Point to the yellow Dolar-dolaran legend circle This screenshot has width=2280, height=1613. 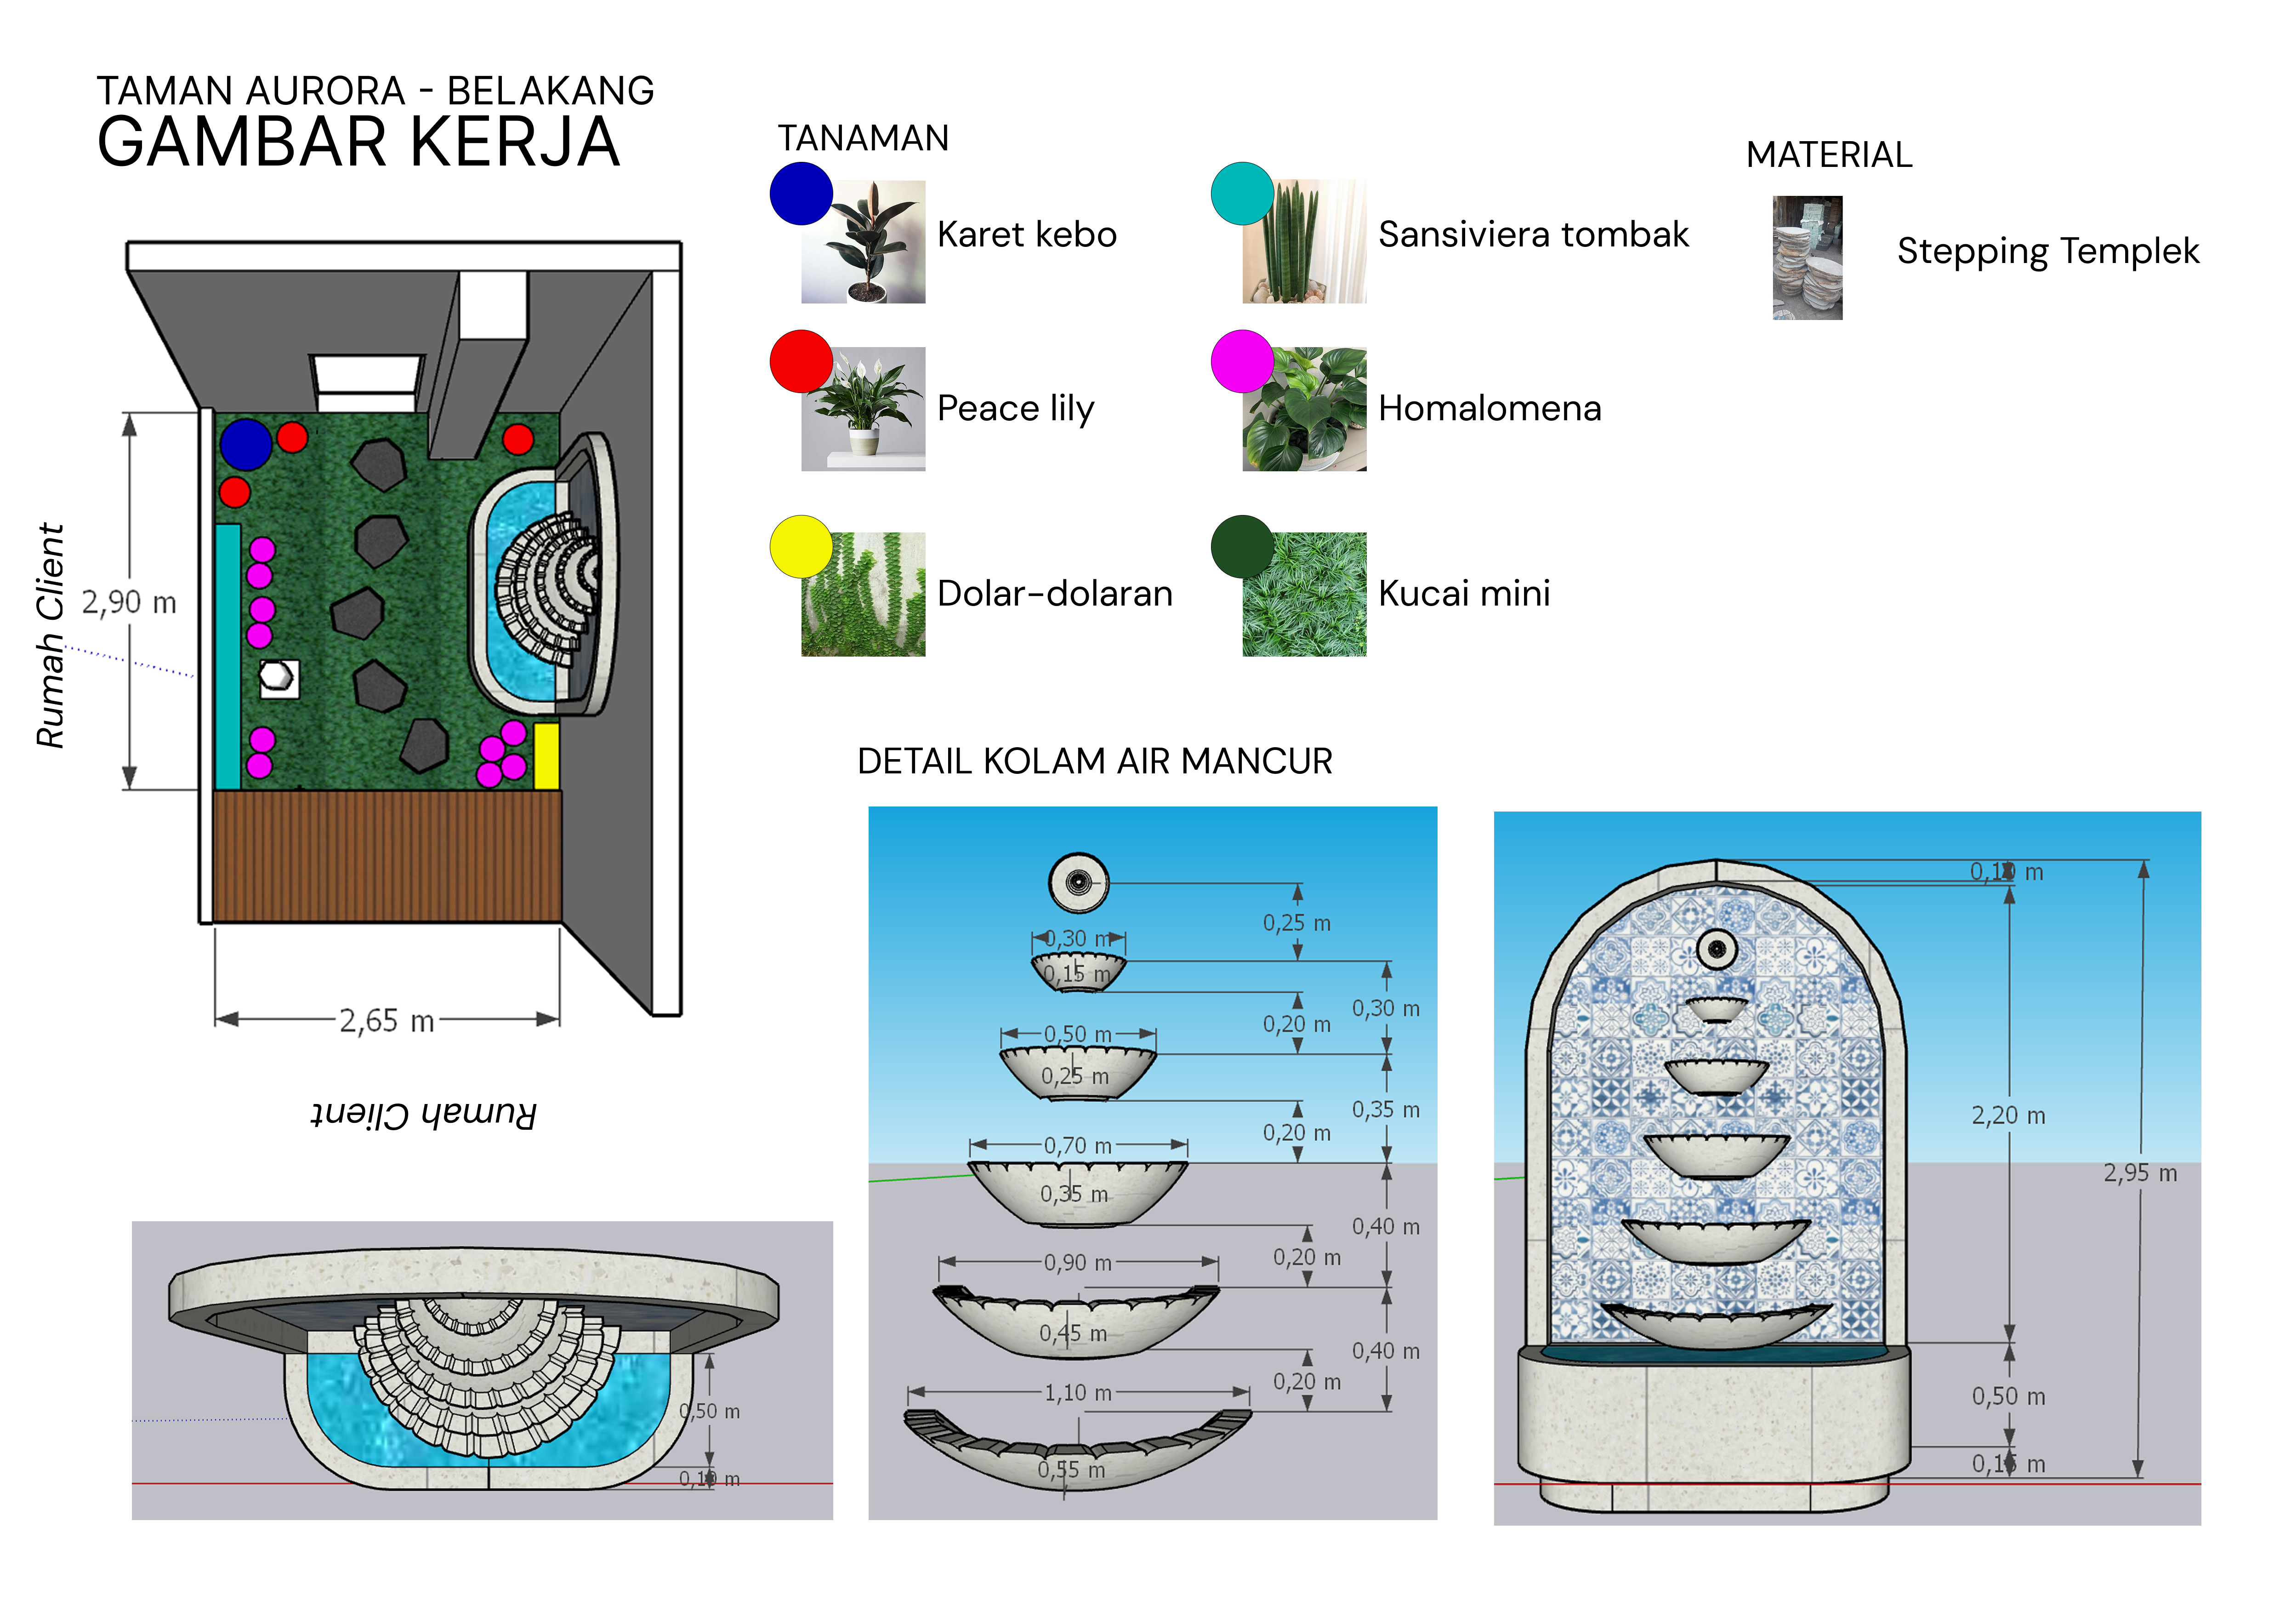coord(801,546)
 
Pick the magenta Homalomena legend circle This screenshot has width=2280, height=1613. coord(1241,361)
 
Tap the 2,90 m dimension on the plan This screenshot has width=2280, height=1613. coord(129,602)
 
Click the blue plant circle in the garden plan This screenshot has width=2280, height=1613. coord(245,444)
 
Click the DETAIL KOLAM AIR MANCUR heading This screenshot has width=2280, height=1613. coord(1094,762)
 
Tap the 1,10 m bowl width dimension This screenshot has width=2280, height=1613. coord(1077,1394)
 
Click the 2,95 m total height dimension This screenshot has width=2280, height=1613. coord(2140,1173)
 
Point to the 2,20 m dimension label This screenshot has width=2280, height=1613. coord(2008,1115)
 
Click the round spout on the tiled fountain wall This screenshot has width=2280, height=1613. coord(1716,949)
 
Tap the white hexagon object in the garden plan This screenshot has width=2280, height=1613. coord(277,678)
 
